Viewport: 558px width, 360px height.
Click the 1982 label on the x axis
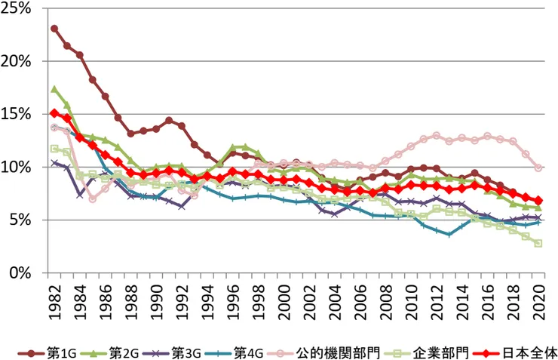click(54, 302)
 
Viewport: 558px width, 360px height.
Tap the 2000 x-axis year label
click(284, 302)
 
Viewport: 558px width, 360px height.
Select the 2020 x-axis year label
click(538, 302)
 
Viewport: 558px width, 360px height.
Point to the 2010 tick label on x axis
click(411, 302)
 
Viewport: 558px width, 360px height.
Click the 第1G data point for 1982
click(54, 29)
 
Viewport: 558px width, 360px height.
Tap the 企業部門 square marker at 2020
click(538, 243)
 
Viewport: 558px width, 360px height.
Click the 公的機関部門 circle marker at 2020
click(538, 168)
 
